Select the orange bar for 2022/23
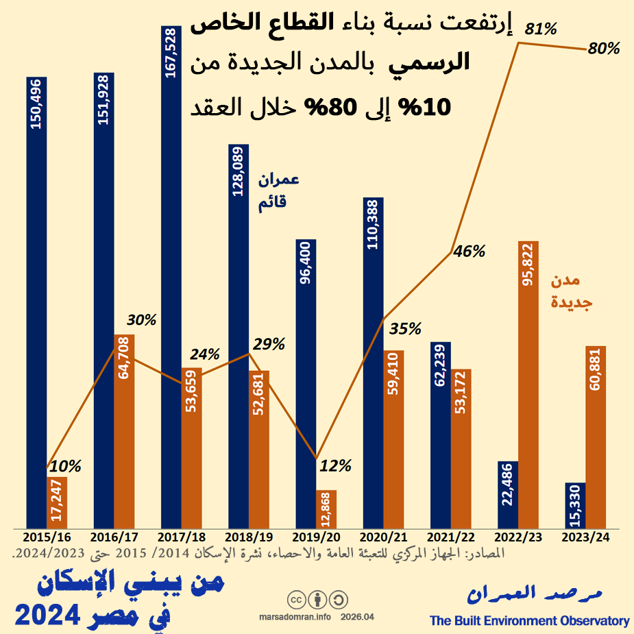coord(528,384)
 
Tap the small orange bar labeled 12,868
coord(326,509)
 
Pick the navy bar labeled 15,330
coord(574,505)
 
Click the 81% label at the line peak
coord(541,29)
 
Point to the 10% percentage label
coord(66,466)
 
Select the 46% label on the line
coord(470,251)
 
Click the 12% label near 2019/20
coord(336,466)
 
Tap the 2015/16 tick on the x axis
coord(46,537)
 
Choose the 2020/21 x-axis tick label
coord(382,537)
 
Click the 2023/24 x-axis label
coord(585,537)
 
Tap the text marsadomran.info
coord(295,617)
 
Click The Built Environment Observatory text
coord(529,621)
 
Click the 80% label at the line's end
coord(604,49)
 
